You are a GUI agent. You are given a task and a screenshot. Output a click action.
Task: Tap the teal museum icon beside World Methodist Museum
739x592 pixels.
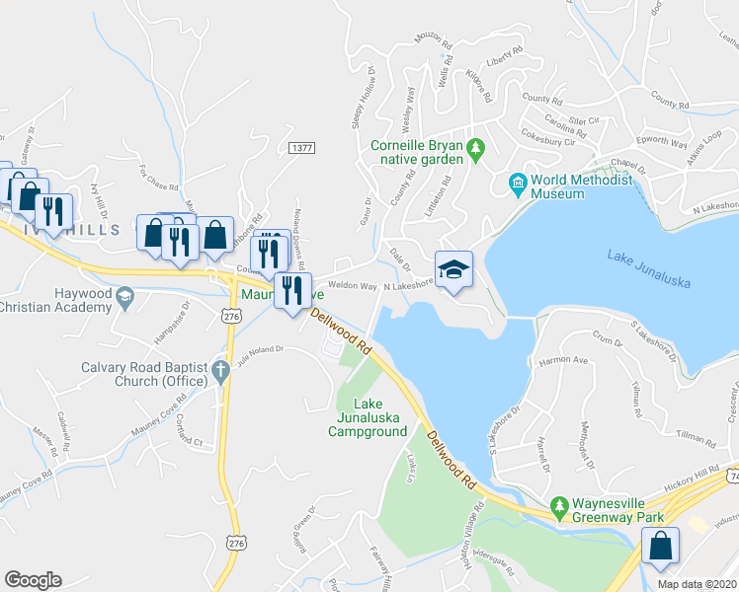(517, 183)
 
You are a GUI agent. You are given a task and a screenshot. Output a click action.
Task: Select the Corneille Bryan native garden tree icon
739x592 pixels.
(476, 150)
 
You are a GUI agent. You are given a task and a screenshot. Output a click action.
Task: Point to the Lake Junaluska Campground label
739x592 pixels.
(368, 417)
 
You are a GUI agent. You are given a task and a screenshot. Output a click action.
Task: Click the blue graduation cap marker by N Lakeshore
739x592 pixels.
(454, 269)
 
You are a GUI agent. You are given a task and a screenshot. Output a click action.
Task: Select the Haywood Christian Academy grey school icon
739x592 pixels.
(124, 295)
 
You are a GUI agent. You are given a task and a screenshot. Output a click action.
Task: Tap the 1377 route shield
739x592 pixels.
(302, 148)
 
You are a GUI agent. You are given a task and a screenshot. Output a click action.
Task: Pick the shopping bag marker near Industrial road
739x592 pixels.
(660, 546)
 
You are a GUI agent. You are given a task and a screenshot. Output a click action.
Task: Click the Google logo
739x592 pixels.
(33, 580)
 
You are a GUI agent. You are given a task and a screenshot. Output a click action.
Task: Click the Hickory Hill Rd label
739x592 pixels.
(692, 476)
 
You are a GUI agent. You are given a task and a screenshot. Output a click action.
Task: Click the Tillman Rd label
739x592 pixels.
(698, 436)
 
